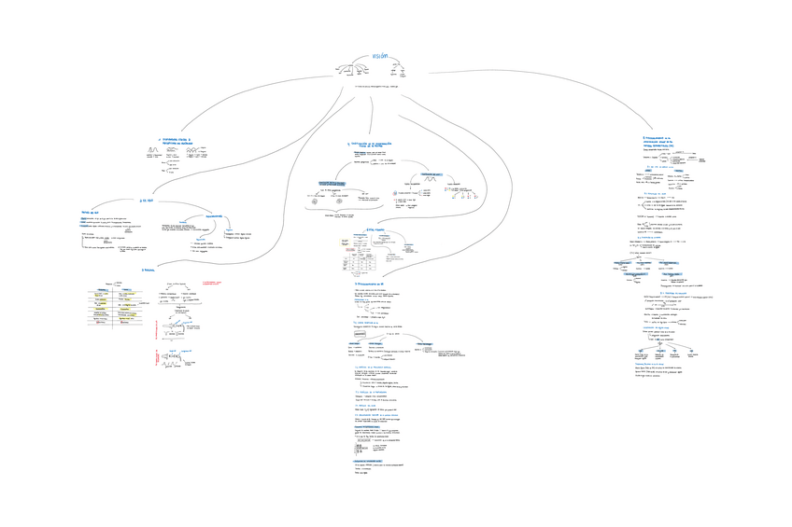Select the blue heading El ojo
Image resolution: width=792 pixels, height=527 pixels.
[x=144, y=199]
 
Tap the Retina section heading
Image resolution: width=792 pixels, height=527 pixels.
[x=148, y=270]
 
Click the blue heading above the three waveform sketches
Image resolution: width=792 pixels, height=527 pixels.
[x=175, y=141]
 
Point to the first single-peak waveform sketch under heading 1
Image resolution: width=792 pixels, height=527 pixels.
[x=153, y=151]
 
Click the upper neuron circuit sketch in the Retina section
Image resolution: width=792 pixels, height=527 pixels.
[x=177, y=328]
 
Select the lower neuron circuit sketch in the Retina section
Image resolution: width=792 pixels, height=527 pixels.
[x=177, y=362]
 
